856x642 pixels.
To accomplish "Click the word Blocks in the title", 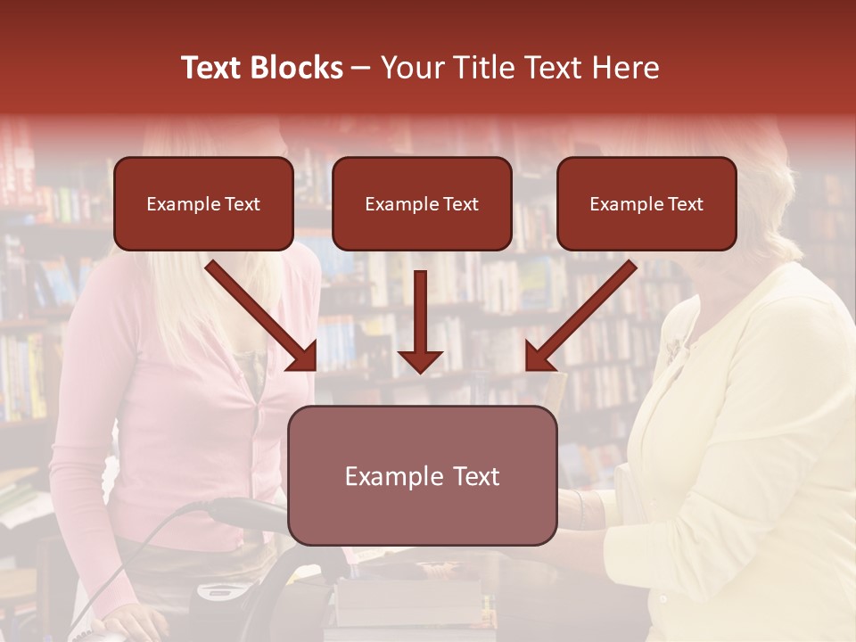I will (299, 68).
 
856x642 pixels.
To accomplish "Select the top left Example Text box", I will (203, 204).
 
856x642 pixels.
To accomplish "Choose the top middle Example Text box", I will (422, 204).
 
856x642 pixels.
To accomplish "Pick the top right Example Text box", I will (646, 204).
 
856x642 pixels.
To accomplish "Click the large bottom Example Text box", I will (422, 476).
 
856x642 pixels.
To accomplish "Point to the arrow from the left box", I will (261, 316).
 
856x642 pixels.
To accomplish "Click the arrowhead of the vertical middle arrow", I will (420, 360).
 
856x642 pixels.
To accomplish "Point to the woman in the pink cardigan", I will (178, 401).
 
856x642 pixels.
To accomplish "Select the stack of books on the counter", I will (410, 606).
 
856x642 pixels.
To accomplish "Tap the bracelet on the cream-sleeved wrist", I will (580, 508).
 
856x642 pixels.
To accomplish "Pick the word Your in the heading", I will (411, 68).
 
